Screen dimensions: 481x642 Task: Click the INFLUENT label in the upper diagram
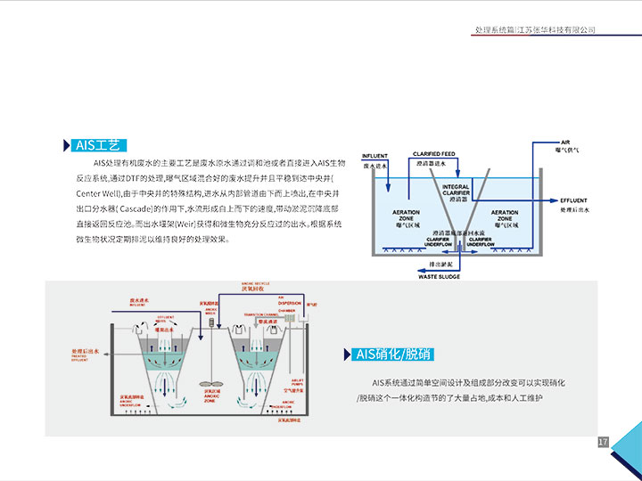[x=374, y=156]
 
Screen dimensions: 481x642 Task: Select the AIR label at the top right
[x=564, y=143]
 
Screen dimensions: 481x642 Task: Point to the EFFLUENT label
[x=576, y=200]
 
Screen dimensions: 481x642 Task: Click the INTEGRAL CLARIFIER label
[x=457, y=191]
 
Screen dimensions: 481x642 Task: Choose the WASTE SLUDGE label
[x=439, y=277]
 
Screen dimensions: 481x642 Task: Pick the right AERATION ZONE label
[x=505, y=215]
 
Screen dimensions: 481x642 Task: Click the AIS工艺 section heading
[x=98, y=145]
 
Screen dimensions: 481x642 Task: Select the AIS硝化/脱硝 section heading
[x=393, y=355]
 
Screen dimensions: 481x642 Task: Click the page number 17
[x=603, y=442]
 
